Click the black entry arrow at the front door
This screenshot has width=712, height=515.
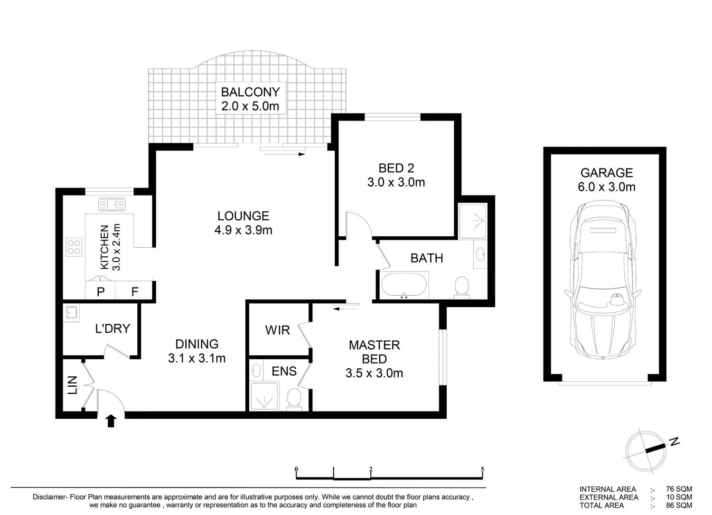point(111,421)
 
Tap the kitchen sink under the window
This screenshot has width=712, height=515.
point(112,205)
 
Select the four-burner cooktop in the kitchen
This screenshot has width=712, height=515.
point(74,247)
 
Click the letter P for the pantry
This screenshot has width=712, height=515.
point(101,291)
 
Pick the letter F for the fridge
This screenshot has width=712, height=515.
point(135,291)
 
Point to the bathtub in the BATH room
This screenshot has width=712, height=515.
point(404,285)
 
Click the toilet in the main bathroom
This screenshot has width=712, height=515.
point(462,288)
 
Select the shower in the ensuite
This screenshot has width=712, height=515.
point(264,396)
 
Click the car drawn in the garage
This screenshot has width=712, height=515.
point(603,280)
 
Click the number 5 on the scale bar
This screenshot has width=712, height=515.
point(483,469)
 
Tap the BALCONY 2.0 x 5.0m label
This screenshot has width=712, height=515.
point(251,99)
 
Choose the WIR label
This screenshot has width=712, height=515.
point(278,330)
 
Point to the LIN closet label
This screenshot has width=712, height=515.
point(73,385)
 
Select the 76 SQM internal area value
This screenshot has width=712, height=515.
point(679,489)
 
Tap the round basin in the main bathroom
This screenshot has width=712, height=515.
point(480,254)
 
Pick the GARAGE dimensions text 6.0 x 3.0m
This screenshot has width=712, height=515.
point(607,187)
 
